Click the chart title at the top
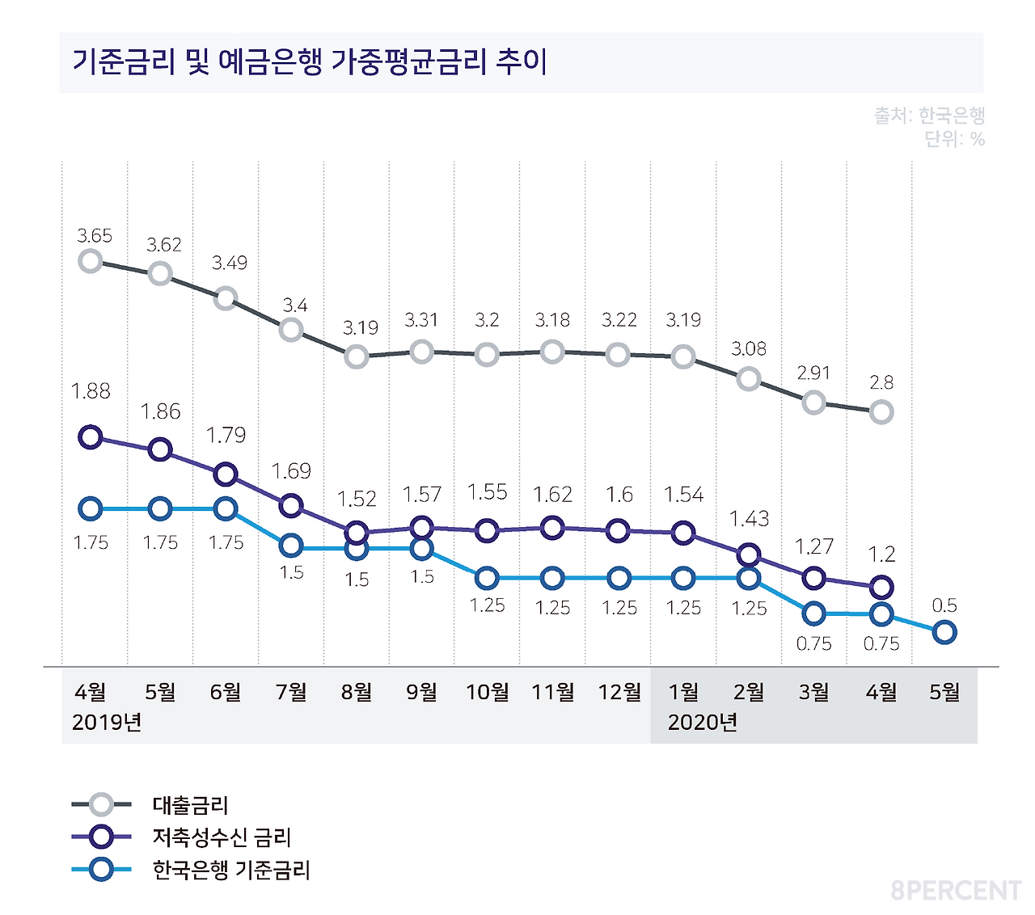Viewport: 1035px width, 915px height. click(310, 62)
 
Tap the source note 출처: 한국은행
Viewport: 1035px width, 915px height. click(929, 116)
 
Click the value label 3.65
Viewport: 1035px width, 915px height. click(95, 236)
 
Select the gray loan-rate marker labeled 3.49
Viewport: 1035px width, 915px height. click(226, 298)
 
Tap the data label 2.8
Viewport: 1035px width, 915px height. click(881, 382)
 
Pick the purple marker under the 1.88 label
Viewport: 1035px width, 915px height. click(91, 437)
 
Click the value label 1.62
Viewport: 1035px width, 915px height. click(552, 494)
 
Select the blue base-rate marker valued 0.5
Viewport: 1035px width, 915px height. click(944, 632)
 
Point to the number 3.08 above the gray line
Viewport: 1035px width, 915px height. click(749, 348)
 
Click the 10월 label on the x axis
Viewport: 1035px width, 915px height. click(488, 692)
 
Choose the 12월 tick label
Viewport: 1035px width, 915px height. click(619, 692)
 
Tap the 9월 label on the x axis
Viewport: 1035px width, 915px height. click(422, 692)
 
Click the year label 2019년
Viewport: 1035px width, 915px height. click(107, 722)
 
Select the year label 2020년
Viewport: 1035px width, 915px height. click(702, 722)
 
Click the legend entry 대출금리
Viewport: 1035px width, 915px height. click(190, 805)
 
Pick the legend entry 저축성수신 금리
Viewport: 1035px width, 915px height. click(222, 837)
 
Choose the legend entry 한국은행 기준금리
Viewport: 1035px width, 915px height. click(231, 870)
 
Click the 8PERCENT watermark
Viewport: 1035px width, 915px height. click(956, 891)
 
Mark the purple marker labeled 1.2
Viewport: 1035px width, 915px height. click(881, 587)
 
